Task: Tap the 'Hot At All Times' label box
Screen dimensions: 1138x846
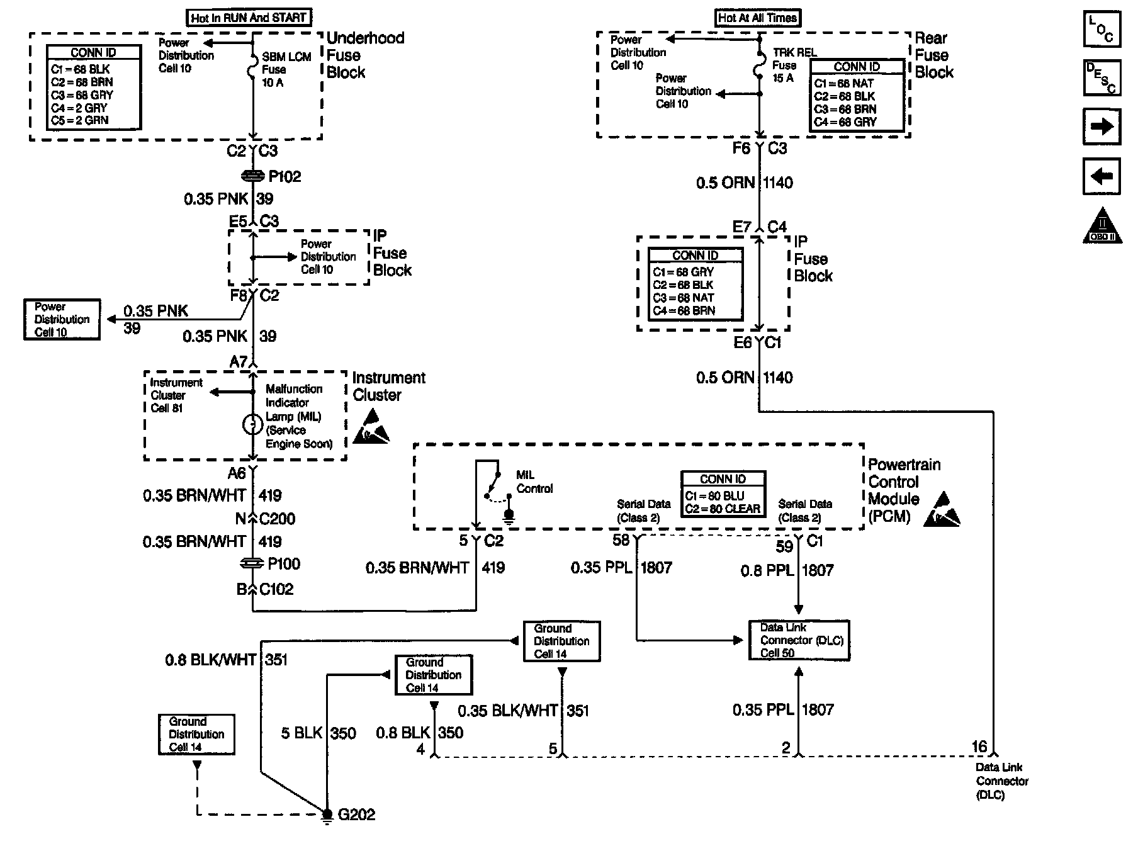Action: pos(758,18)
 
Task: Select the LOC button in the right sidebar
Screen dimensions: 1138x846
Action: pos(1101,30)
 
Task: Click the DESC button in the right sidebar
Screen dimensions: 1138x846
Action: pos(1101,78)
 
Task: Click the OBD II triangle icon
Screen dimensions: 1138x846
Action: pos(1101,225)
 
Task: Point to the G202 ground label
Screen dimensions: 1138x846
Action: pos(356,815)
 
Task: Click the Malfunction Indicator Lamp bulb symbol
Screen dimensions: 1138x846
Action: pos(252,425)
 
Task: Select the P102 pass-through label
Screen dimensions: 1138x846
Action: pos(284,177)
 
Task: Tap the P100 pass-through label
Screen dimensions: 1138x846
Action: pos(284,564)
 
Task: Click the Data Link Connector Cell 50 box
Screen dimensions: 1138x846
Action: pos(799,640)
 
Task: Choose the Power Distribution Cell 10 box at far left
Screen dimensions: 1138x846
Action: pos(62,320)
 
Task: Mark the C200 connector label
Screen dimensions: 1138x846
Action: pos(277,519)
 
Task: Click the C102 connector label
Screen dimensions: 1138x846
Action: pos(276,589)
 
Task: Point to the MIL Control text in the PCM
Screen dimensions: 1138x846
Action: pos(534,482)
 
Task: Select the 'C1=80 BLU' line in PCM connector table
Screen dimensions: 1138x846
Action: pos(714,495)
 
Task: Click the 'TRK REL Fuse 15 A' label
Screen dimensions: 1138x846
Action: pos(794,65)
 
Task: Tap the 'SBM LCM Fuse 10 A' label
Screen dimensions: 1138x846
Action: pos(286,70)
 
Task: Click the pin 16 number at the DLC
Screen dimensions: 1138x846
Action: pos(979,747)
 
